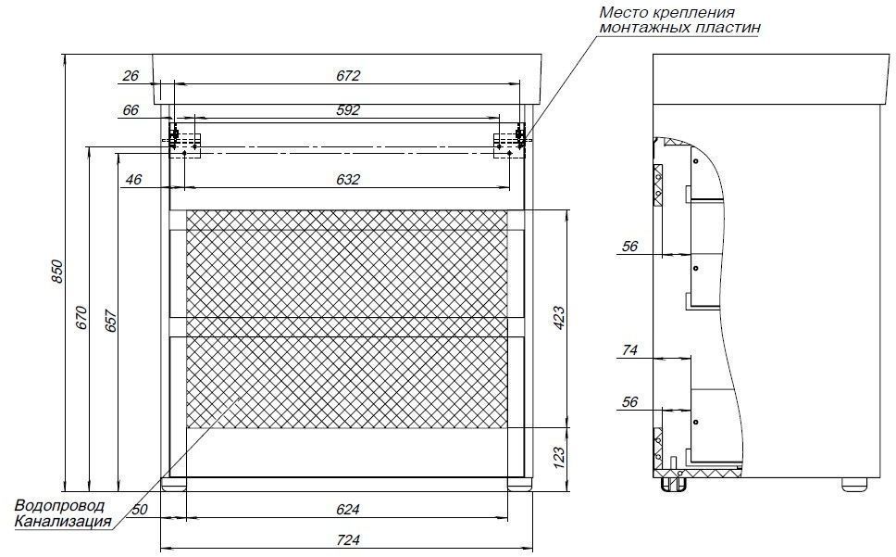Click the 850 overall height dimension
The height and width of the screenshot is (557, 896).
point(57,272)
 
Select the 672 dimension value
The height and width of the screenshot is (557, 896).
point(348,75)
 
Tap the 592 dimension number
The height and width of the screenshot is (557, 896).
point(348,109)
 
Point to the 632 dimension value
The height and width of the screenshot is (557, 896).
point(348,180)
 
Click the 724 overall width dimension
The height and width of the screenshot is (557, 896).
point(348,539)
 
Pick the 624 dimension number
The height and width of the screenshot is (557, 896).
point(348,509)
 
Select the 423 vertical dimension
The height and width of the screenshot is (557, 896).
point(558,318)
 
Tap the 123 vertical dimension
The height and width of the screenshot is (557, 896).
point(558,458)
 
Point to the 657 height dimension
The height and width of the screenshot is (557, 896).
point(111,321)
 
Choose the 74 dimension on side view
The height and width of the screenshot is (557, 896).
point(629,349)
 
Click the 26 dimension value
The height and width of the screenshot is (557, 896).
point(131,75)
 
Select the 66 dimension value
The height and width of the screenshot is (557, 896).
point(131,109)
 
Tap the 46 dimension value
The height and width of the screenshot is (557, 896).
point(133,180)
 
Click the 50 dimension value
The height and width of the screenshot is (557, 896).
point(140,510)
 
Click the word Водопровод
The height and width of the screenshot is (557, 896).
point(60,506)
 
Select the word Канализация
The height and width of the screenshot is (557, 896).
point(63,522)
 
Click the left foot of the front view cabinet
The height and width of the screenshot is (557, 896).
point(174,484)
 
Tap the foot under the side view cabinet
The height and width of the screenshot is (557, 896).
point(855,484)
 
